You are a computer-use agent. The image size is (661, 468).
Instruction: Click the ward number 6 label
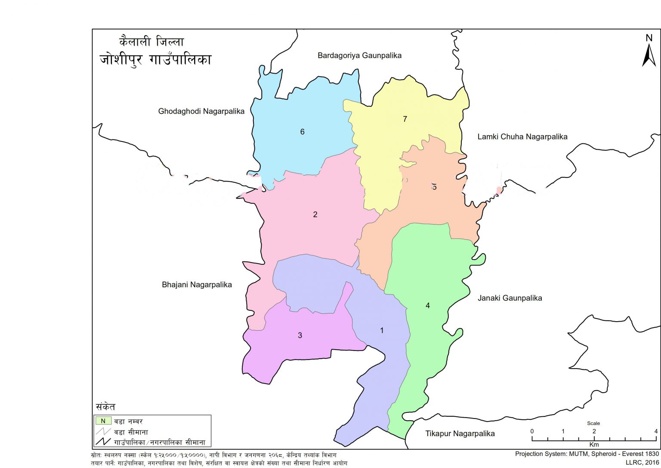(302, 132)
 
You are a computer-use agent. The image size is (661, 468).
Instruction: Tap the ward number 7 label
(405, 119)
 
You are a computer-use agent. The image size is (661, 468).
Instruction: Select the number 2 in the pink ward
(315, 214)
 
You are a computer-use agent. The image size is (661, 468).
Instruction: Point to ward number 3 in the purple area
(300, 335)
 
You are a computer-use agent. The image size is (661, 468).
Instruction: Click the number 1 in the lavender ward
(381, 331)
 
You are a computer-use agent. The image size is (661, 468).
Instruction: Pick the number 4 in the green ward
(427, 306)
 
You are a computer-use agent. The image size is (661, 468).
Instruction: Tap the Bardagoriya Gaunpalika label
(359, 56)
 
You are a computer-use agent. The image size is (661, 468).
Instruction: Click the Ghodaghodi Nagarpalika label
(201, 112)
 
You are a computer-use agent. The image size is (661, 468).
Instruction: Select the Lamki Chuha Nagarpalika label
(522, 137)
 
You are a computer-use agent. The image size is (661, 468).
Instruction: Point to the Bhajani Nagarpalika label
(197, 285)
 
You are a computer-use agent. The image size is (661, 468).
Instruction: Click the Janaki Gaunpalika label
(510, 298)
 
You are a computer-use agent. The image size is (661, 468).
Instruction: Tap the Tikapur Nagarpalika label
(460, 434)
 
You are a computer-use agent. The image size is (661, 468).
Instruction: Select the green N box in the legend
(103, 421)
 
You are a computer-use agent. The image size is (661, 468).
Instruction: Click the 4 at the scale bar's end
(656, 431)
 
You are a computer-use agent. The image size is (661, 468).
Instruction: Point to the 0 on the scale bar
(532, 431)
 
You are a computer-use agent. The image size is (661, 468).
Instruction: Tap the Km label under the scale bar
(594, 444)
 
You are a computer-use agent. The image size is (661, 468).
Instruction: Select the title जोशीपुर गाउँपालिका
(155, 59)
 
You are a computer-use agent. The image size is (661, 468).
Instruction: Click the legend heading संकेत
(105, 407)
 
